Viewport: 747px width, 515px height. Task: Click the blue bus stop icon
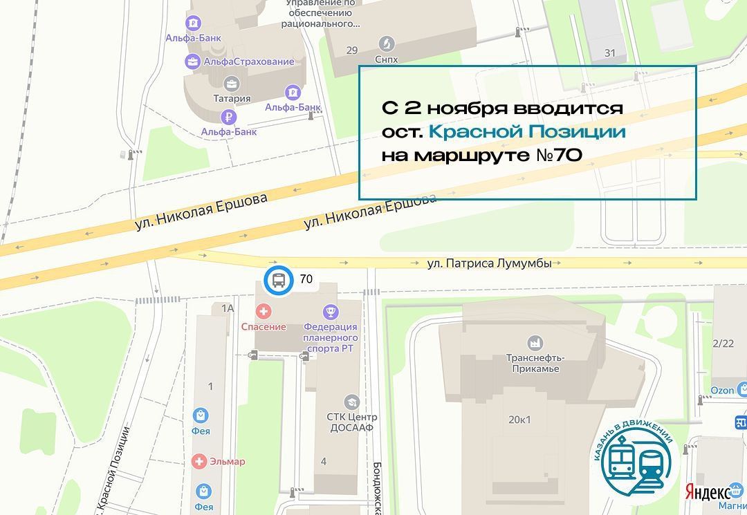click(278, 281)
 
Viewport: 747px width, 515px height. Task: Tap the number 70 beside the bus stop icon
click(306, 280)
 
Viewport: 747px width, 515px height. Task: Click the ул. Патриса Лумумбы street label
click(489, 263)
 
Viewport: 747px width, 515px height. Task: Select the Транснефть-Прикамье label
click(535, 363)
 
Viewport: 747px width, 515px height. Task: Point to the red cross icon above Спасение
click(263, 312)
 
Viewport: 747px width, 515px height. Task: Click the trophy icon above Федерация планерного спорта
click(331, 312)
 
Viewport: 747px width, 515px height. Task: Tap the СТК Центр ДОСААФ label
click(352, 422)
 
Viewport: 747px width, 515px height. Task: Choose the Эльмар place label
click(228, 461)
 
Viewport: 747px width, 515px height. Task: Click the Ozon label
click(722, 391)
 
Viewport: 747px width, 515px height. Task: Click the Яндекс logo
click(708, 492)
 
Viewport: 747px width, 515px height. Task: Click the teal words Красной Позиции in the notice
click(527, 131)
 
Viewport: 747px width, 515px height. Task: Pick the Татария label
click(232, 99)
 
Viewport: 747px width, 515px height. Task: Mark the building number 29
click(352, 50)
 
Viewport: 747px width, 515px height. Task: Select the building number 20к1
click(519, 420)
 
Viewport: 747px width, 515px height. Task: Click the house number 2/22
click(723, 343)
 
